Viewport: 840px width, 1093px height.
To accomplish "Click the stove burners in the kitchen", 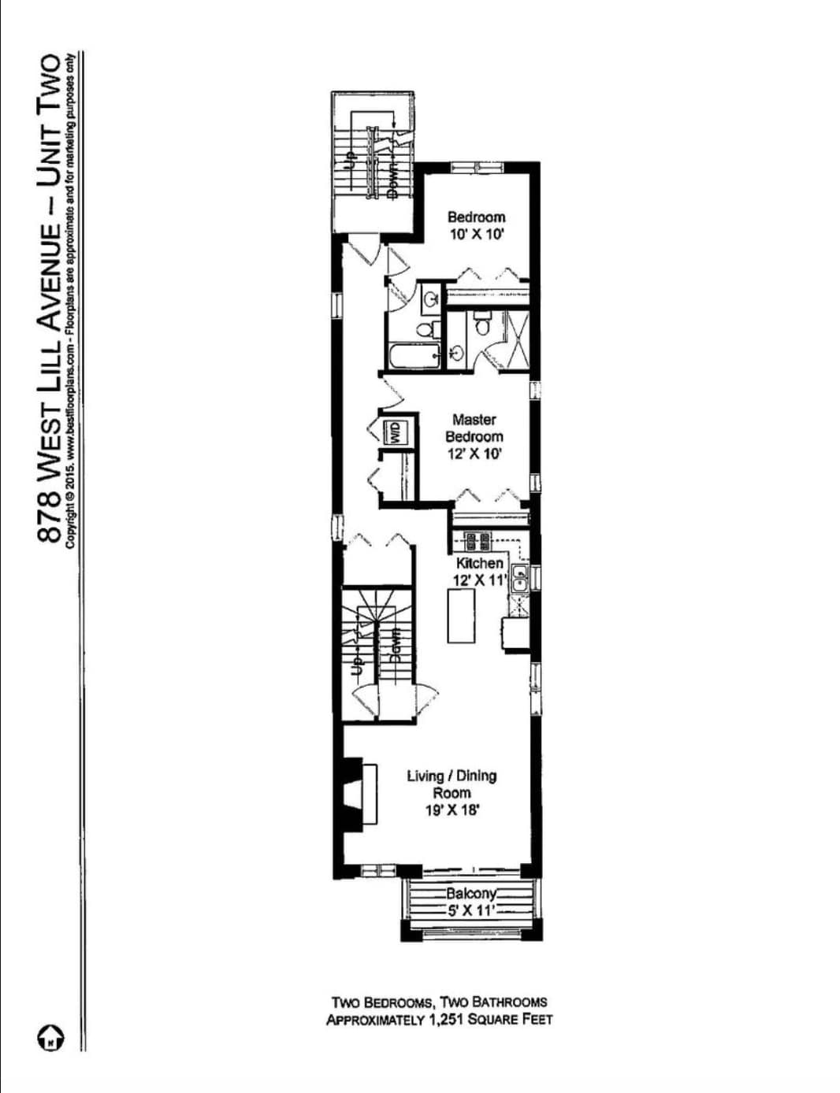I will (x=476, y=542).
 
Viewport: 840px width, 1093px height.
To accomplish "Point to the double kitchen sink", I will (x=520, y=578).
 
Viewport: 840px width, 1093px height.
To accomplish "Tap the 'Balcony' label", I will (x=471, y=894).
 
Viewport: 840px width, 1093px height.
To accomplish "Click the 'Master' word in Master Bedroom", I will (x=474, y=420).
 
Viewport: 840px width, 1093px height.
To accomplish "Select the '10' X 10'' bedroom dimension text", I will (x=476, y=235).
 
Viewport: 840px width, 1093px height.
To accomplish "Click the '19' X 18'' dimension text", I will (x=452, y=810).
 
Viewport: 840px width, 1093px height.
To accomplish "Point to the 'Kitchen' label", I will (x=479, y=563).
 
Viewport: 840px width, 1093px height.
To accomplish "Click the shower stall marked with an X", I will (x=517, y=339).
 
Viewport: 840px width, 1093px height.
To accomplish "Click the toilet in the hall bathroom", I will (x=426, y=329).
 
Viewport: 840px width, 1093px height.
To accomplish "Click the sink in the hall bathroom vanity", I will (x=432, y=298).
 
